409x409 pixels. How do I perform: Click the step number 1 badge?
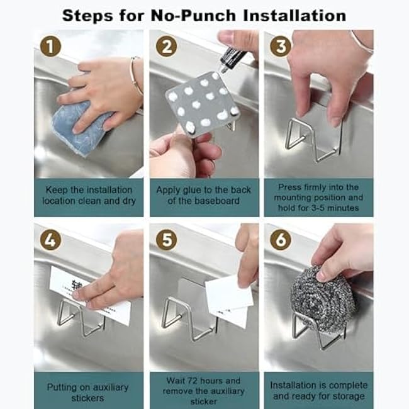pos(50,46)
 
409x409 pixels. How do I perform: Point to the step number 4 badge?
pos(50,240)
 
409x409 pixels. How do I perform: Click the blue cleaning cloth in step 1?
pos(82,129)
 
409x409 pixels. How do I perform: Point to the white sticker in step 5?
pos(227,302)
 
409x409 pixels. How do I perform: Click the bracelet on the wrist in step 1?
pos(135,76)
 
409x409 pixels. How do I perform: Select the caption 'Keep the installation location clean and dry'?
pos(88,195)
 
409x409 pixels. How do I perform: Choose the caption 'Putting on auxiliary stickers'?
pos(88,392)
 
